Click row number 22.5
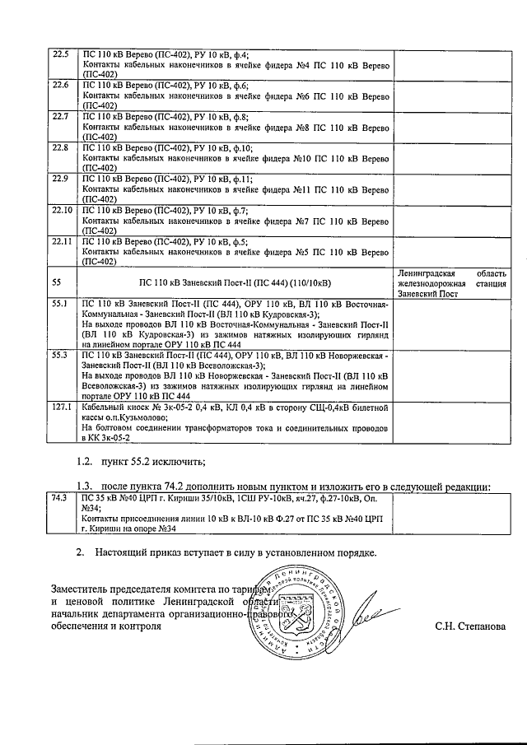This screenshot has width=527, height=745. point(60,55)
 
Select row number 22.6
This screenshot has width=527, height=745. point(60,86)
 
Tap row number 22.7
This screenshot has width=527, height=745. point(60,117)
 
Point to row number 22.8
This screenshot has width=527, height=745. point(60,148)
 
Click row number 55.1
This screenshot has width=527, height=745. point(60,304)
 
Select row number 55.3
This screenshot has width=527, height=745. point(60,356)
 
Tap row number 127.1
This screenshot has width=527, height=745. point(63,407)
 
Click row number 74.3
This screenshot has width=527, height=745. point(59,498)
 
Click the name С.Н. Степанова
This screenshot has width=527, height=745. point(471,626)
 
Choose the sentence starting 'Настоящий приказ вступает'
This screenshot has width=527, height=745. point(236,552)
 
